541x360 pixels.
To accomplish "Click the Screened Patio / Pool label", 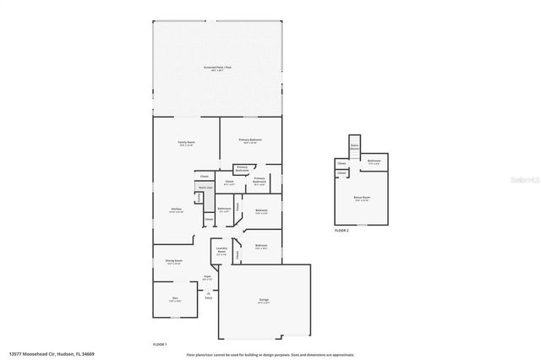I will pos(217,67).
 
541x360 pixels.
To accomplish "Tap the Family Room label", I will pos(186,142).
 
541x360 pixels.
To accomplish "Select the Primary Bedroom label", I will pos(249,140).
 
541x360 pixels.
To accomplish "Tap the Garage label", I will pos(263,300).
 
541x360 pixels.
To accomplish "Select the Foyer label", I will pos(207,277).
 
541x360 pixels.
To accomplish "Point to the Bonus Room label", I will pos(362,199).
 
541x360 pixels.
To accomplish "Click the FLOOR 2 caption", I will pos(342,230).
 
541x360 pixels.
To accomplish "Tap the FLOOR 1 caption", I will pos(160,344).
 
